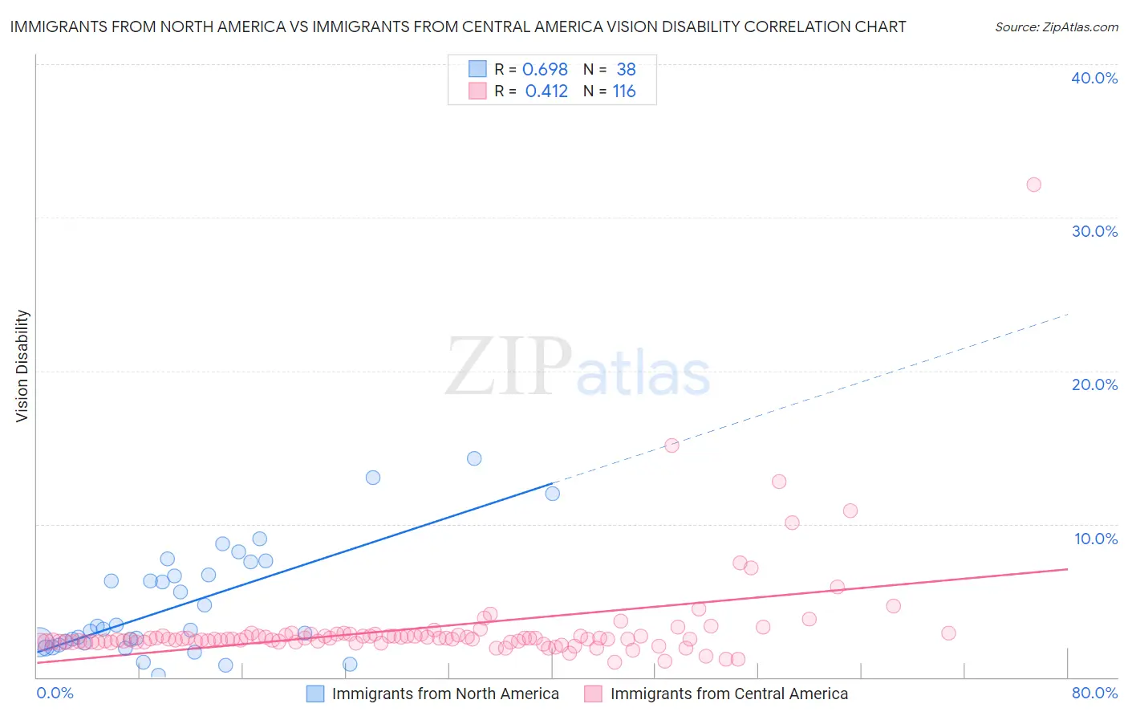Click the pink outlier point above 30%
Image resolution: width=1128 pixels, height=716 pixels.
(x=1033, y=185)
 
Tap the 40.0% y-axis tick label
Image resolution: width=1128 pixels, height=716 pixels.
(x=1094, y=78)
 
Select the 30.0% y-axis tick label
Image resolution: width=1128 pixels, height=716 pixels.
(x=1094, y=231)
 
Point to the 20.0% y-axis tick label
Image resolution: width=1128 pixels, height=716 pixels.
(x=1094, y=384)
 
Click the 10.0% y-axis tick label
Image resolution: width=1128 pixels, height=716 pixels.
(x=1095, y=539)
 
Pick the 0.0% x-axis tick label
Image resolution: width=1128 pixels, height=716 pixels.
(x=55, y=694)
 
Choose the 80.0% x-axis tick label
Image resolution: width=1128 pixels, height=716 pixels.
(x=1094, y=694)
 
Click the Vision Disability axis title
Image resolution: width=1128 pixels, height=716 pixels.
(x=22, y=366)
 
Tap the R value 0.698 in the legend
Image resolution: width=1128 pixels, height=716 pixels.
(x=545, y=70)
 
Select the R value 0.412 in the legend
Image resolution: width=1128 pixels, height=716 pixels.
(x=546, y=92)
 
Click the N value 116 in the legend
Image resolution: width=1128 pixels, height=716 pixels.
(x=624, y=92)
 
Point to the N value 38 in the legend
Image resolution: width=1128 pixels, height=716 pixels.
(x=626, y=70)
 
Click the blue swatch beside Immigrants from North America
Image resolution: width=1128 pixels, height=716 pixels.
(x=315, y=694)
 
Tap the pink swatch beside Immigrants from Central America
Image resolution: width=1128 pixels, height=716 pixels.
(x=593, y=694)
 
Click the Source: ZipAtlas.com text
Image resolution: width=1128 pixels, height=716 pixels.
(x=1056, y=27)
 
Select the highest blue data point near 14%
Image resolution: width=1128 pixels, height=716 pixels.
(x=474, y=458)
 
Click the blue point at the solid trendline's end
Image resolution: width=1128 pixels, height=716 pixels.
(x=552, y=494)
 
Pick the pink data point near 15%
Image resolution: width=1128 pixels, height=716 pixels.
(x=672, y=445)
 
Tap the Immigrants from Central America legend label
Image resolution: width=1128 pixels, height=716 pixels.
(x=728, y=694)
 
